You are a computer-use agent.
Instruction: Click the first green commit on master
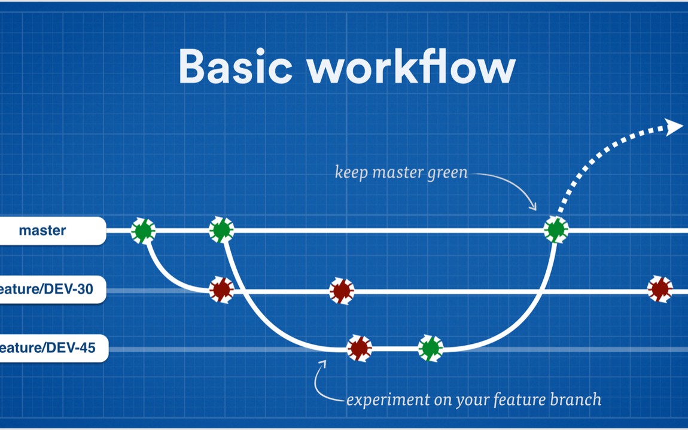(x=143, y=230)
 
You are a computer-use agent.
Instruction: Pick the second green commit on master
(x=221, y=230)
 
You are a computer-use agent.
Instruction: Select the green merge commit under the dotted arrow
(x=556, y=230)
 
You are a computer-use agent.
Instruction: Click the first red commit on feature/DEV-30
(x=221, y=290)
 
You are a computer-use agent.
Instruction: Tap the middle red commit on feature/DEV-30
(x=342, y=291)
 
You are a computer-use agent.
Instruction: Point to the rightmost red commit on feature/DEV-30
(x=660, y=289)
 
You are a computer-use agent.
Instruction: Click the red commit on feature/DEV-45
(x=360, y=348)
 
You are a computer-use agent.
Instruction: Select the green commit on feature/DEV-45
(x=431, y=348)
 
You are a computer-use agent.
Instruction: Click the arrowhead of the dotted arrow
(x=675, y=126)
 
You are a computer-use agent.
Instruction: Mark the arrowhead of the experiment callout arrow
(x=323, y=363)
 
